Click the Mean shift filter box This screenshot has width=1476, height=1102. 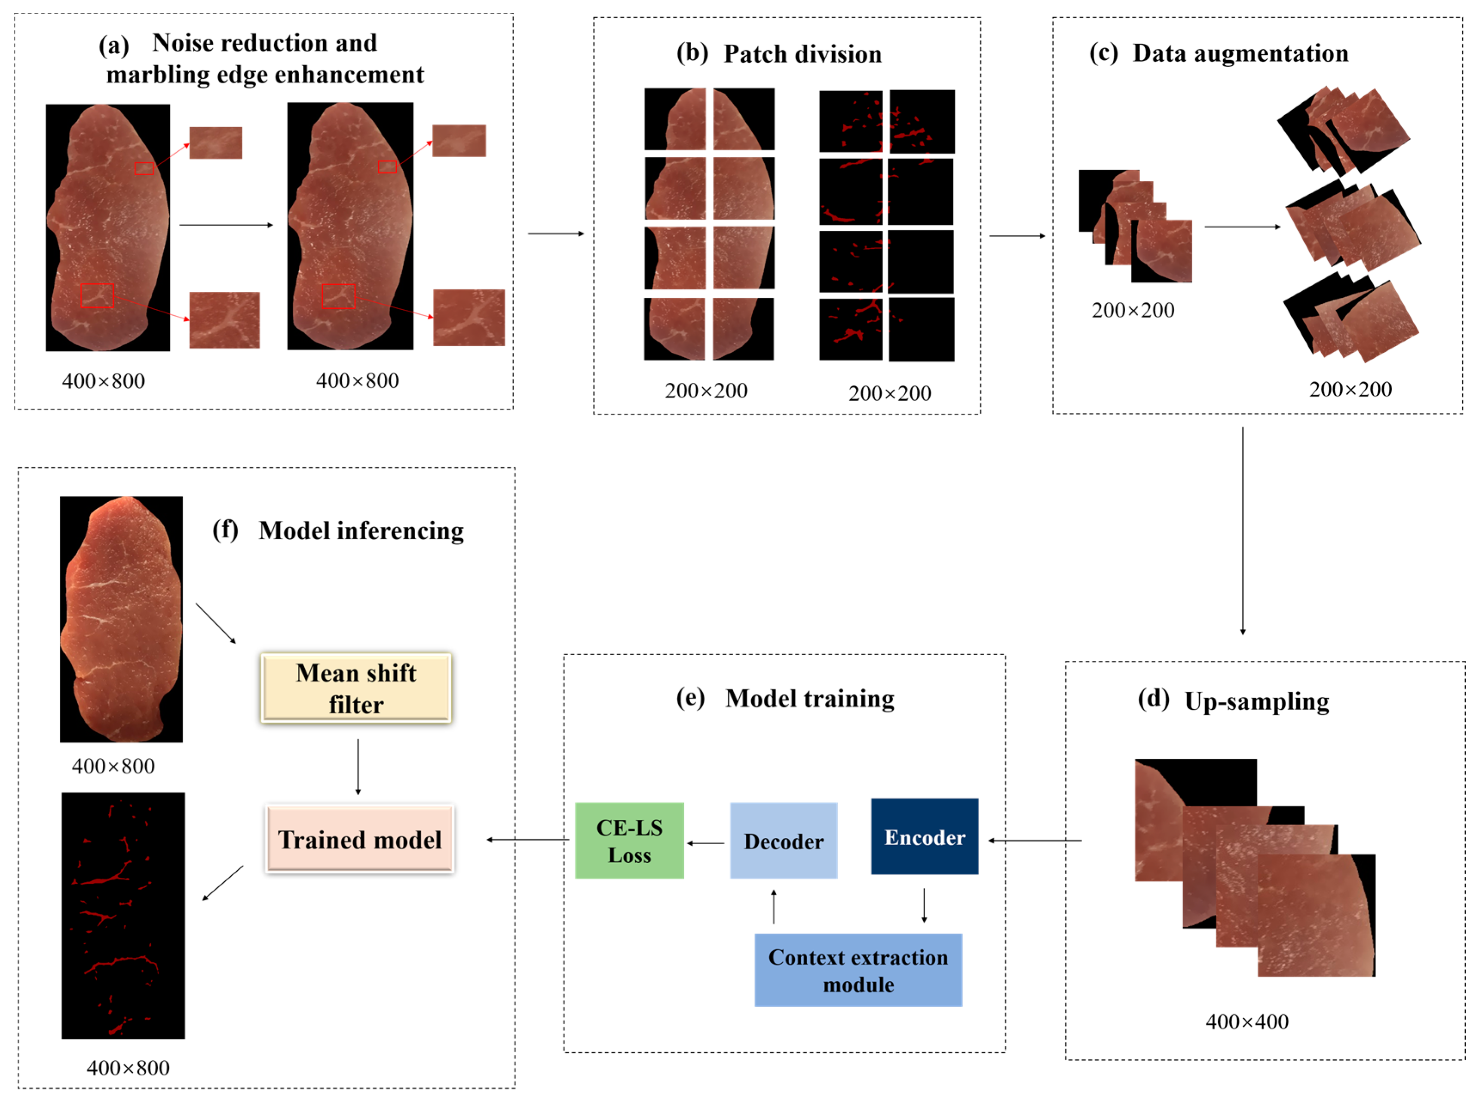[x=356, y=688]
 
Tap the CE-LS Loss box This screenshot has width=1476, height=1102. [x=629, y=840]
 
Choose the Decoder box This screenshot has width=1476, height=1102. [x=784, y=840]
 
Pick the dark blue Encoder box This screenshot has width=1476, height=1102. [x=925, y=836]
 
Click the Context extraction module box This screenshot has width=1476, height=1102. [x=858, y=970]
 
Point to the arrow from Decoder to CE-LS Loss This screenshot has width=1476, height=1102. [x=706, y=843]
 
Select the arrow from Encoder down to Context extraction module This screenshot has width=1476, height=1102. [x=924, y=905]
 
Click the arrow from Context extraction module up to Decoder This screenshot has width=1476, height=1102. [x=774, y=906]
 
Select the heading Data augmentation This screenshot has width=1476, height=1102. [x=1240, y=53]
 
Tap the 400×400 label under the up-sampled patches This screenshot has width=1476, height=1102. [x=1246, y=1021]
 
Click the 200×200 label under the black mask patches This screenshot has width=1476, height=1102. [x=889, y=393]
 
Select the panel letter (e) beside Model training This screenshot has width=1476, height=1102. [x=690, y=698]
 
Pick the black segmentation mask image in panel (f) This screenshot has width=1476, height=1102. [x=123, y=915]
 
